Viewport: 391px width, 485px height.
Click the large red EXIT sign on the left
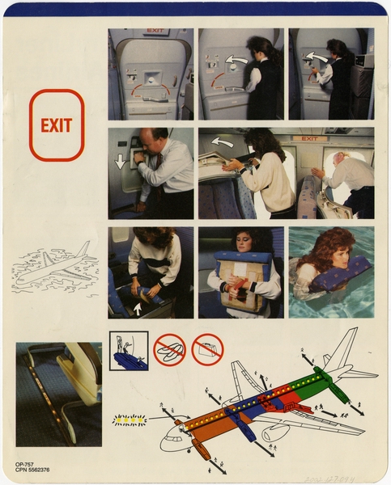tap(57, 125)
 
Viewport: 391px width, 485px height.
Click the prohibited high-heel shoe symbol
tap(169, 349)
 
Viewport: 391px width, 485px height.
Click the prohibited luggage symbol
tap(208, 349)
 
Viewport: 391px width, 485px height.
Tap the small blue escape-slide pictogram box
tap(129, 350)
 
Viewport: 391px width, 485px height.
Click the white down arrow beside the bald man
tap(120, 161)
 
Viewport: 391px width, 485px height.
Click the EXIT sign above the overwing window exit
tap(310, 138)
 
